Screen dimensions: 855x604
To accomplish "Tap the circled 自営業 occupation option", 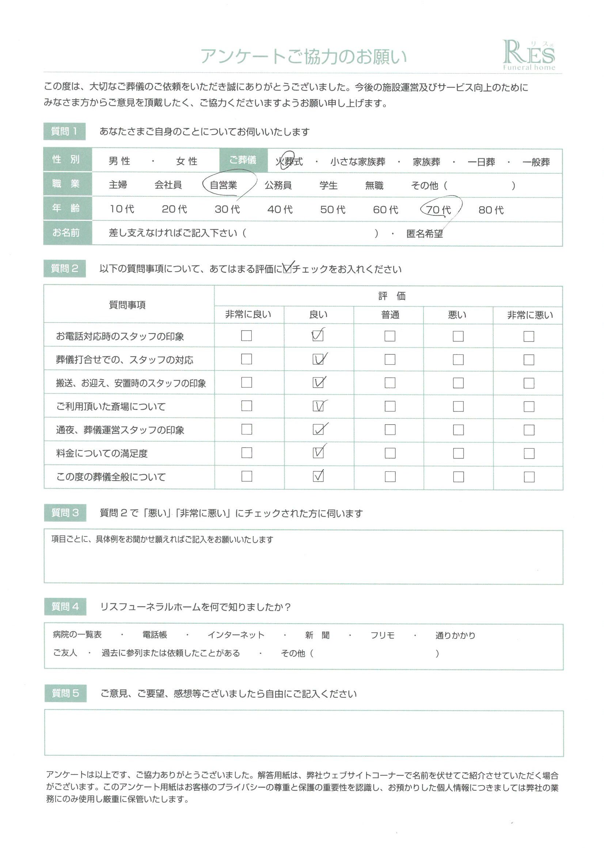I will tap(223, 185).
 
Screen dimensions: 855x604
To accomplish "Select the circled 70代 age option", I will tap(438, 210).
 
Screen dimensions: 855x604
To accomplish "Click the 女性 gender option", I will tap(187, 161).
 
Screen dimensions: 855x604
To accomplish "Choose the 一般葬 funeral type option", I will tap(536, 162).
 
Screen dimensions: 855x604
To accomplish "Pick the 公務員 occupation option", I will tap(278, 185).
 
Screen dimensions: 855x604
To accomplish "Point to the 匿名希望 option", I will tap(425, 234).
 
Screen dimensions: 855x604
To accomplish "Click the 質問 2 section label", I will tap(64, 268).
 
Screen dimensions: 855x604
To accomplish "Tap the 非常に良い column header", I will tap(248, 314).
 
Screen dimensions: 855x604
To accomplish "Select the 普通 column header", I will tap(390, 315).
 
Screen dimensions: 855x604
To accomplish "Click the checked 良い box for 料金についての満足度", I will tap(318, 453).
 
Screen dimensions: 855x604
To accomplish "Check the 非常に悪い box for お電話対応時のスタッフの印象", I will tap(528, 336).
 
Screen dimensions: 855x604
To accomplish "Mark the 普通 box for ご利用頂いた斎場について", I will tap(390, 406).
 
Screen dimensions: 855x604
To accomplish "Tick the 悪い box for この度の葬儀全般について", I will tap(458, 477).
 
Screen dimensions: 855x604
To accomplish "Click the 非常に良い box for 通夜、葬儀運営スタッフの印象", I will tap(246, 429).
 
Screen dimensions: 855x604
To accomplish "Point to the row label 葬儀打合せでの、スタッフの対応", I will tap(125, 360).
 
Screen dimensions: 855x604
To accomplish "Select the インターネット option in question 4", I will tap(236, 635).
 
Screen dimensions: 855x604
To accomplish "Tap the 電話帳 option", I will tap(155, 634).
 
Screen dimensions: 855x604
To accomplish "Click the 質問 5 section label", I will tap(65, 693).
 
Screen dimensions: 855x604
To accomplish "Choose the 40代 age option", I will tap(280, 210).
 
